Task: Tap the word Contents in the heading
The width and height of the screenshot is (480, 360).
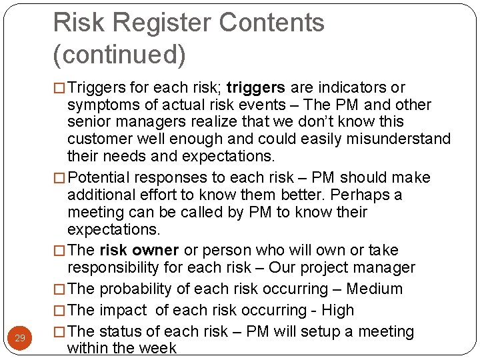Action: click(271, 23)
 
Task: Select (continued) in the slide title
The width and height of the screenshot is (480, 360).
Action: click(119, 54)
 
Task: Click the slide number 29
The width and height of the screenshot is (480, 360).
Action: click(20, 339)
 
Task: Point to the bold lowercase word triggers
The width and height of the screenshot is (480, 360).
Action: click(256, 87)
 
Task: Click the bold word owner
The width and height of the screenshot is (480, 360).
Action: click(155, 250)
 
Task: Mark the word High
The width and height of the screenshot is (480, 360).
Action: click(338, 310)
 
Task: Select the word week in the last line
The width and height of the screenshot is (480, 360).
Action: click(159, 347)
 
